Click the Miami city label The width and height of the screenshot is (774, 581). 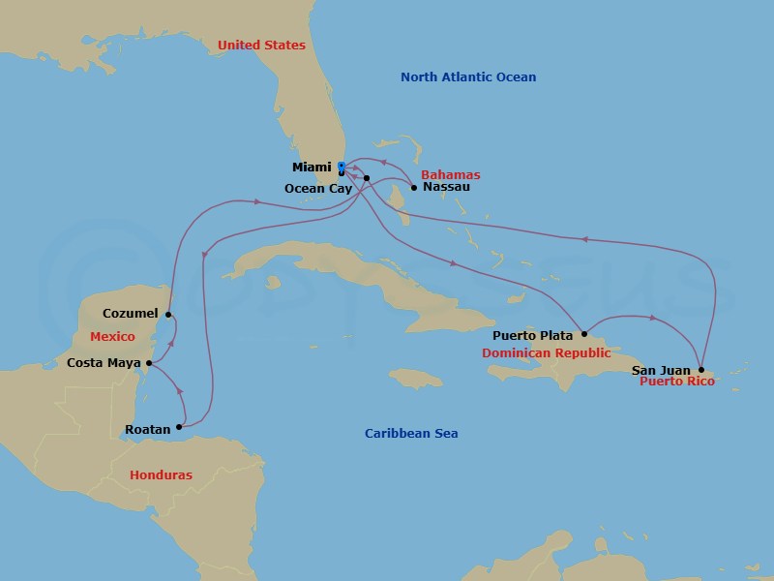pos(312,168)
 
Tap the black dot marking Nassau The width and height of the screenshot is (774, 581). pos(414,187)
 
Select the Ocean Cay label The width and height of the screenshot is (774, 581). pos(318,189)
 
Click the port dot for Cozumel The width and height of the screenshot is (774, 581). pos(168,315)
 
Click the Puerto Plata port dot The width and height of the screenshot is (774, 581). pos(584,335)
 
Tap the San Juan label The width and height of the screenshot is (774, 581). pos(662,370)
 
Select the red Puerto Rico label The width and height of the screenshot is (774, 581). pos(677,382)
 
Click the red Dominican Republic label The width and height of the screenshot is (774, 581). pos(547,353)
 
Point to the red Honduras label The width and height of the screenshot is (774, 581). pos(161,475)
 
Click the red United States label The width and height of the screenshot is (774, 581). pos(261,46)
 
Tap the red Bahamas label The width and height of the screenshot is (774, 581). pos(451,175)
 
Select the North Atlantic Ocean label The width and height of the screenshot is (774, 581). pos(468,77)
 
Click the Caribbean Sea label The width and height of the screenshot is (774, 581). pos(411,434)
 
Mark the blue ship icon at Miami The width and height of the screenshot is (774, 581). pos(342,167)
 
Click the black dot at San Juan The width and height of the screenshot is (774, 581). pos(700,370)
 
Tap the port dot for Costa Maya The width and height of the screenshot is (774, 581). pos(149,363)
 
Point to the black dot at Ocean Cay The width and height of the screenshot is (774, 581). pos(367,178)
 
